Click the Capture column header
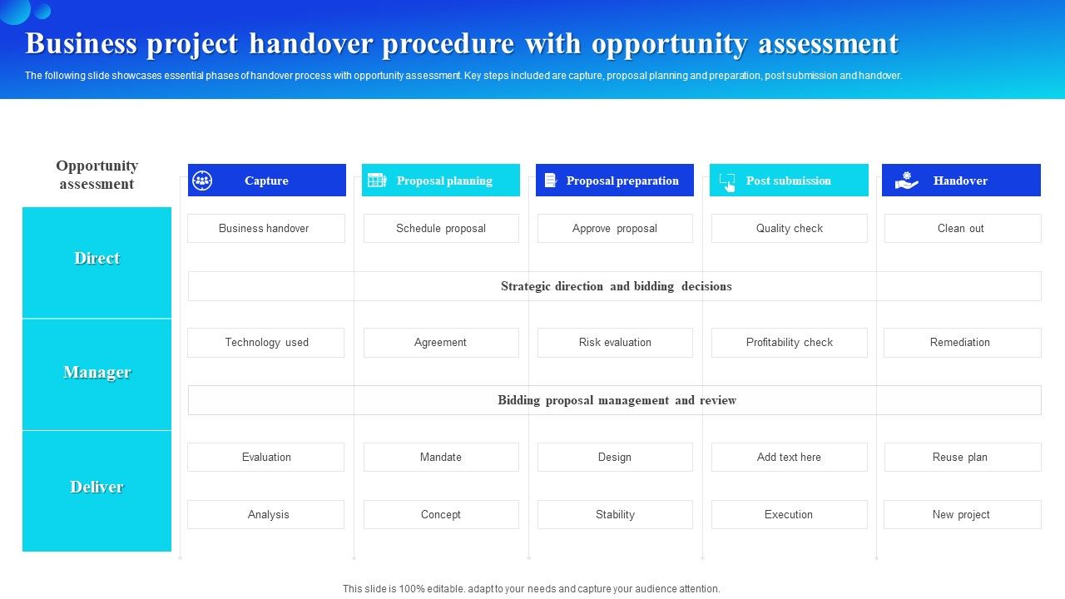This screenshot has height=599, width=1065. pyautogui.click(x=266, y=181)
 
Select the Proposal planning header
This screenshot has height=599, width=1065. pyautogui.click(x=444, y=181)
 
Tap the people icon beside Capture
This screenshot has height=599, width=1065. pyautogui.click(x=202, y=181)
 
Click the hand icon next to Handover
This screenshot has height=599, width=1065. pyautogui.click(x=906, y=181)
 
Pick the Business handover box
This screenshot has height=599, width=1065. pyautogui.click(x=265, y=229)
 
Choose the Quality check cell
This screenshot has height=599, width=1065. pyautogui.click(x=789, y=229)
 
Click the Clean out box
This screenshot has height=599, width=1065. pyautogui.click(x=962, y=229)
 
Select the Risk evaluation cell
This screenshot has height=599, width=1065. pyautogui.click(x=615, y=343)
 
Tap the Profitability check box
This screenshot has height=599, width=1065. pyautogui.click(x=789, y=343)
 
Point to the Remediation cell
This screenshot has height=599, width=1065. pyautogui.click(x=962, y=343)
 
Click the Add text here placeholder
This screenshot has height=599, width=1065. pyautogui.click(x=789, y=458)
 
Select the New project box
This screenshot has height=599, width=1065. pyautogui.click(x=962, y=515)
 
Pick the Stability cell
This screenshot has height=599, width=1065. pyautogui.click(x=615, y=515)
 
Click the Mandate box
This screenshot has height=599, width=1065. pyautogui.click(x=441, y=458)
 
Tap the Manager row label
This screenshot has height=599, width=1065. pyautogui.click(x=97, y=373)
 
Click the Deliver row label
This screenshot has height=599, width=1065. pyautogui.click(x=97, y=488)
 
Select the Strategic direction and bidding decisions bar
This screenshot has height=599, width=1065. pyautogui.click(x=616, y=286)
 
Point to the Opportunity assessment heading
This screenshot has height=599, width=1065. pyautogui.click(x=97, y=175)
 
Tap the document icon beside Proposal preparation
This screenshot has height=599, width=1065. pyautogui.click(x=550, y=181)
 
